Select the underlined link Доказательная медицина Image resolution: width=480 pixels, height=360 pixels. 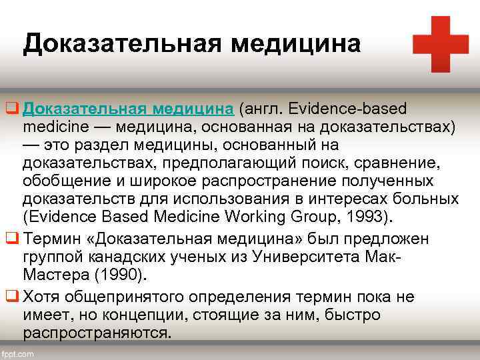(x=127, y=109)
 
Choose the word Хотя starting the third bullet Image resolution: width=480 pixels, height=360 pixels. (x=41, y=297)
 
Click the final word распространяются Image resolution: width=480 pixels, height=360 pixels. (x=96, y=332)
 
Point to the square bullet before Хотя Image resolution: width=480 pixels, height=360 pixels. (x=11, y=297)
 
